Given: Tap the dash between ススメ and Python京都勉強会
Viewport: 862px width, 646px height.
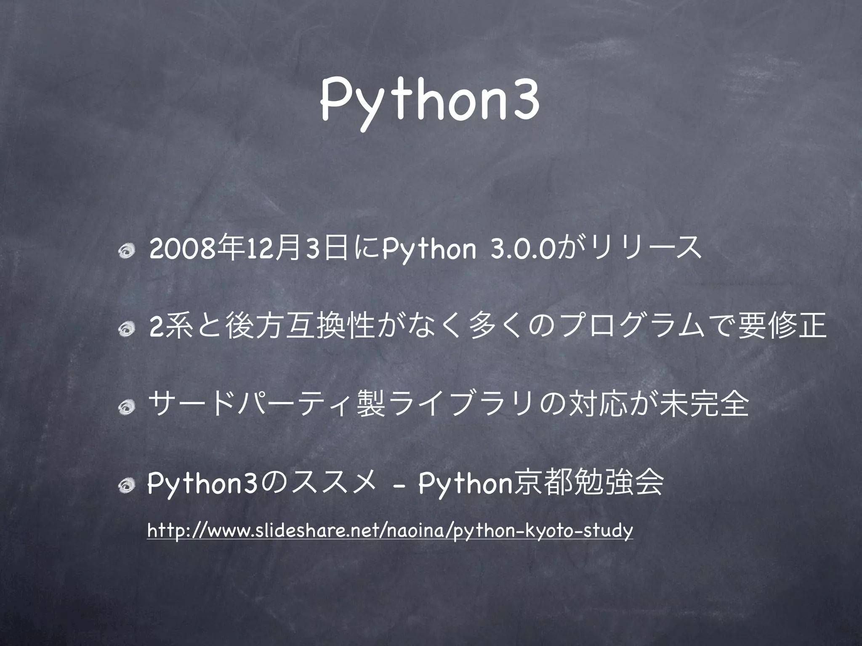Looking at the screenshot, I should point(398,488).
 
